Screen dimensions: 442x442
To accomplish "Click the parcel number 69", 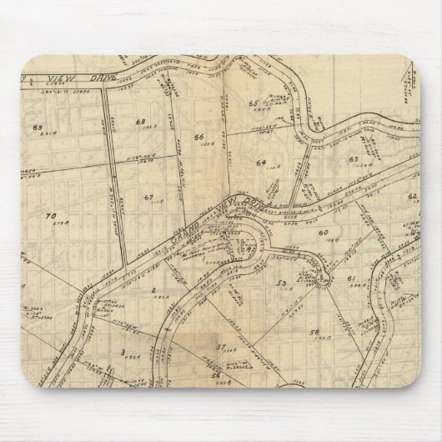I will coord(37,127).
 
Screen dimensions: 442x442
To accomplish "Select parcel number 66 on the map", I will coord(198,136).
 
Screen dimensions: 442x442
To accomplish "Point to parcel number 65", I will coord(253,103).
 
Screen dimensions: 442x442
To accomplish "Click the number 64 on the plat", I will coord(260,162).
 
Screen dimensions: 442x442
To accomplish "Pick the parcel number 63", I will coord(354,158).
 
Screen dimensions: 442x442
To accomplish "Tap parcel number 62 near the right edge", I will coord(411,196).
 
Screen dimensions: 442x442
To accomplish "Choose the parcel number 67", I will coord(148,197).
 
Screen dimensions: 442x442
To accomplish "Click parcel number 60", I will coord(322,231).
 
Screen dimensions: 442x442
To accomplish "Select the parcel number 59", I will coord(282,284).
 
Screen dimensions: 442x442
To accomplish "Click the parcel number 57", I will coord(220,345).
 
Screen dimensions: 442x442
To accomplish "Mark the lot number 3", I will coord(123,352).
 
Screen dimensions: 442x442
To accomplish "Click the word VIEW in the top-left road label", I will coord(37,78).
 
